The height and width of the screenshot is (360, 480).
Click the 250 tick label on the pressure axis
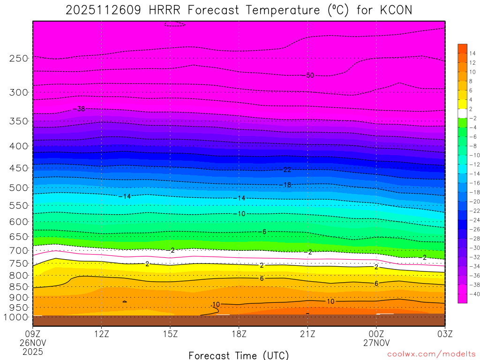pos(18,58)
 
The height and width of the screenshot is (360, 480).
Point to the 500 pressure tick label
pos(18,187)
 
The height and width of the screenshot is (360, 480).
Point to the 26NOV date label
pos(32,342)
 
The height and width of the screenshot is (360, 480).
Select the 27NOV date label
pos(376,342)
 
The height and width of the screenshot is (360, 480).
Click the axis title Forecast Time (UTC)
pos(239,355)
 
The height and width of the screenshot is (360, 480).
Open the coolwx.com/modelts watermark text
pos(431,355)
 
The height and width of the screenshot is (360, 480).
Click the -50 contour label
pos(309,75)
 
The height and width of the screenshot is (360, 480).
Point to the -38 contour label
pos(79,109)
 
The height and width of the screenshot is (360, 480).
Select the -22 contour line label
pos(286,170)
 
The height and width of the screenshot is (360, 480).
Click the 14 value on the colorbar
pos(472,53)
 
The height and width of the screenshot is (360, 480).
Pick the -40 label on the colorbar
pos(472,294)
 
